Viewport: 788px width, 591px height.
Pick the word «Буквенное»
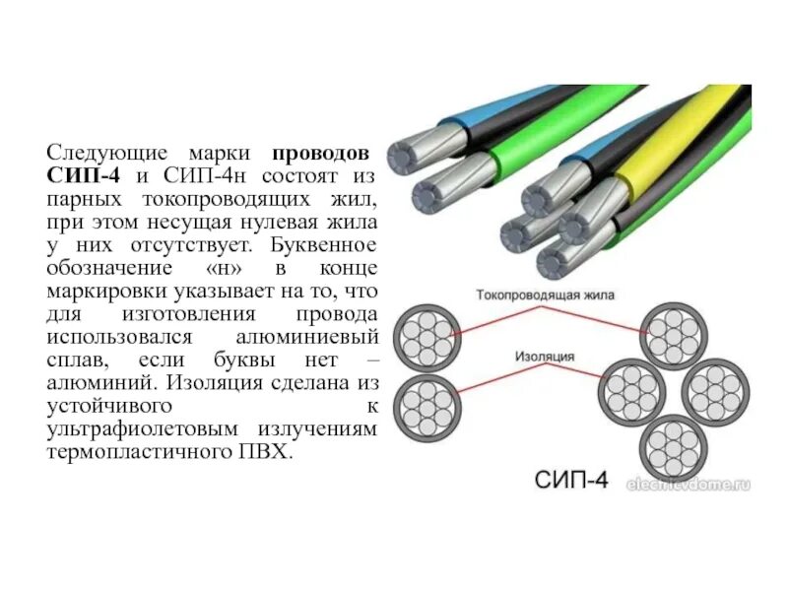[x=330, y=242]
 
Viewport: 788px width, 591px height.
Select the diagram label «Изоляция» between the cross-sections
[x=542, y=356]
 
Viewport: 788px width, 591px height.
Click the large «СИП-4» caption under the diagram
[x=571, y=481]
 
